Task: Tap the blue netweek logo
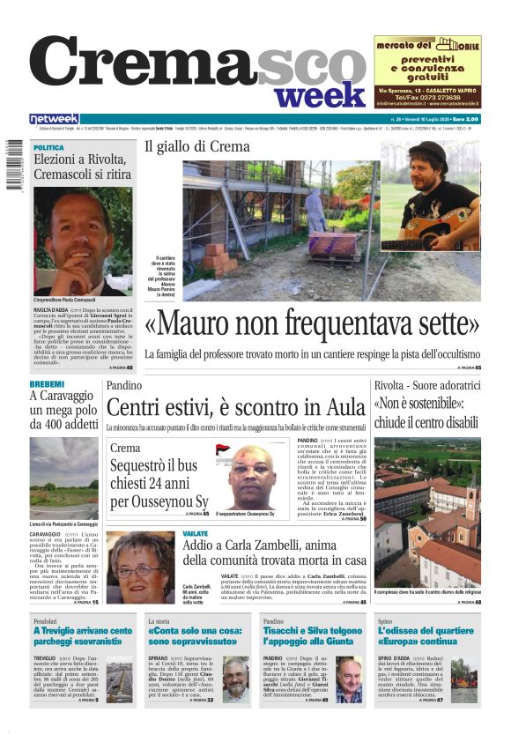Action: (x=55, y=119)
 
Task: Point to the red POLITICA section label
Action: (x=48, y=147)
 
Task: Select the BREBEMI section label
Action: (x=47, y=385)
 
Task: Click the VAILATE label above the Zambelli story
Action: (x=195, y=534)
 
